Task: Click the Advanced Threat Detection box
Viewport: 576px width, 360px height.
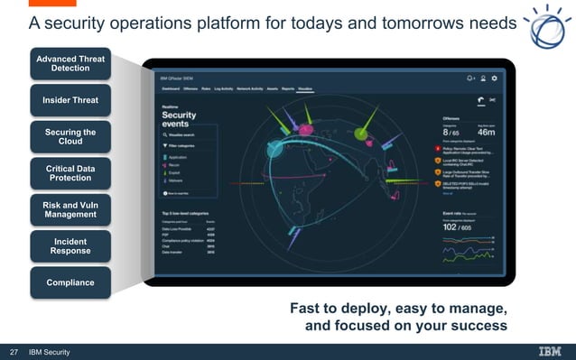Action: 70,64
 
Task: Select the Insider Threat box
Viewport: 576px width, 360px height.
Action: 70,100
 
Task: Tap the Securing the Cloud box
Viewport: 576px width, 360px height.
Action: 70,136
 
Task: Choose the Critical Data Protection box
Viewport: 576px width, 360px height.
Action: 70,172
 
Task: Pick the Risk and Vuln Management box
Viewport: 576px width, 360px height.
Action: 70,209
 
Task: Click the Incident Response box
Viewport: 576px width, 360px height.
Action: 70,246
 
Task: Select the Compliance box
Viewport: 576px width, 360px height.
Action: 70,282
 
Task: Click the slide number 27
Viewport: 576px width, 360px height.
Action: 14,352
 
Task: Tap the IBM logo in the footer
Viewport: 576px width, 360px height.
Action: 549,352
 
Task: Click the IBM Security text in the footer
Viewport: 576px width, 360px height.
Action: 50,352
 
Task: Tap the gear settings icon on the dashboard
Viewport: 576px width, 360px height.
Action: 494,79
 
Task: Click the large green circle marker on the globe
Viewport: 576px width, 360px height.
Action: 361,134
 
